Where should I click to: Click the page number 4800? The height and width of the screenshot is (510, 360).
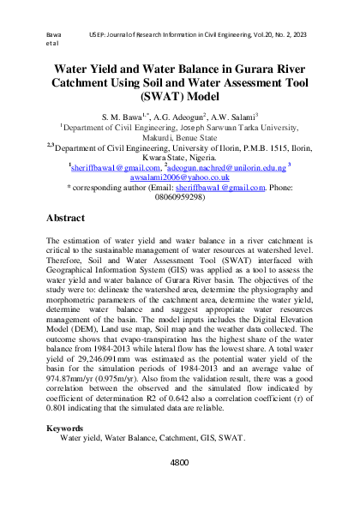pyautogui.click(x=179, y=462)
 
